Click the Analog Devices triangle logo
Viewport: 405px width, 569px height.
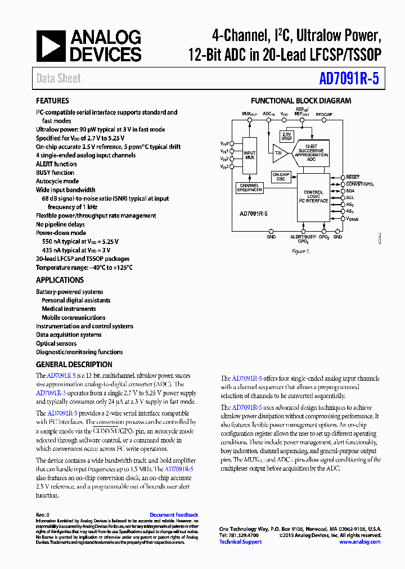tap(51, 46)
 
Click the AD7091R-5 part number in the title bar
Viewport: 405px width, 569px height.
tap(348, 79)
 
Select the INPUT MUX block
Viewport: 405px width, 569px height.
tap(249, 156)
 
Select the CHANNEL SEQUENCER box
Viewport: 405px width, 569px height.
tap(249, 188)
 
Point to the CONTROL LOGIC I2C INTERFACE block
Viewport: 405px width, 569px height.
tap(313, 196)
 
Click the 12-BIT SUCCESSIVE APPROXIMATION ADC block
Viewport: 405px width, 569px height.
tap(312, 151)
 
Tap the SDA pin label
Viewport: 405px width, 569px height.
tap(350, 191)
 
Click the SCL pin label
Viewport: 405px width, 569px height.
tap(350, 197)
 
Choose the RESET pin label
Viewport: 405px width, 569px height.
tap(353, 177)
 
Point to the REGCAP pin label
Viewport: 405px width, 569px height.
tap(324, 114)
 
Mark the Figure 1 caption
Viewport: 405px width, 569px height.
tap(301, 251)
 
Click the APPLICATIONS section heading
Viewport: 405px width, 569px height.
tap(60, 280)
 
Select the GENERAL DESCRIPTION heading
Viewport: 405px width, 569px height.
tap(74, 364)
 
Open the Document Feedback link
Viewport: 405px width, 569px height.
tap(174, 515)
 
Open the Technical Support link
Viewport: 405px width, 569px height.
tap(240, 542)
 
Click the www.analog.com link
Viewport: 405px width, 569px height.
tap(361, 542)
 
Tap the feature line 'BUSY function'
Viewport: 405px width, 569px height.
tap(55, 173)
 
